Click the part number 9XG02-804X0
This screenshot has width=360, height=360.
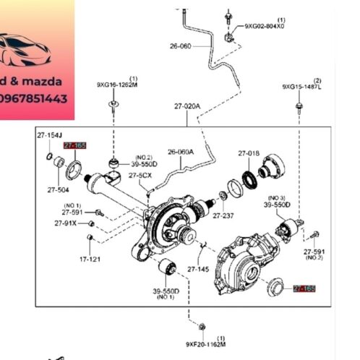264,26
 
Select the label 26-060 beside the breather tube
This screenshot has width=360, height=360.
181,46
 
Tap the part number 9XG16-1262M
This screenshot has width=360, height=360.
117,84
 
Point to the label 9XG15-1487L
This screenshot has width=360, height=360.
302,87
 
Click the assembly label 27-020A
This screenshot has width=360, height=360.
187,106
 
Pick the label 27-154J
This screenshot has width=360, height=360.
50,135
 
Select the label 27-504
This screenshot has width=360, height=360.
59,190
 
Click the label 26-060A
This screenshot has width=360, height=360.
181,152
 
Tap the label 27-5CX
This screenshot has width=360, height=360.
140,175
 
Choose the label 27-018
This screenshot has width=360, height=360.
249,153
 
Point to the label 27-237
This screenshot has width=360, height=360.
224,215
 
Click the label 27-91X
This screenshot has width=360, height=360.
65,223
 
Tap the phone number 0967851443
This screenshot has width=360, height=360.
36,98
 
